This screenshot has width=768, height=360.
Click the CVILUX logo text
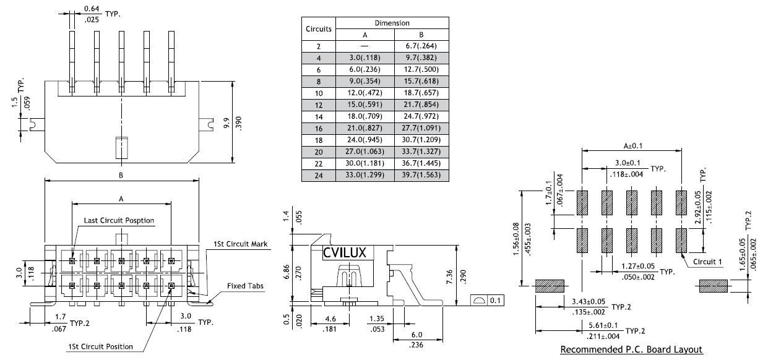(x=345, y=252)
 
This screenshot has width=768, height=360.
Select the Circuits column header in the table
(x=319, y=28)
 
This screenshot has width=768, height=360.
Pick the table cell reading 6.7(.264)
(x=421, y=46)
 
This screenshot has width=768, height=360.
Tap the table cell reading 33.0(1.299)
(x=365, y=176)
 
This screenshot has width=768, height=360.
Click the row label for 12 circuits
(x=319, y=105)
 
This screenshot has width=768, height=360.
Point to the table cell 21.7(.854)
(x=421, y=105)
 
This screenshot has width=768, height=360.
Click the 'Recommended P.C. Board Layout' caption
(x=631, y=350)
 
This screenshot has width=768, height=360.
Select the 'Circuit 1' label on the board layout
(x=706, y=262)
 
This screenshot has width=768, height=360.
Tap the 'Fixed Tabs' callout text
(x=245, y=286)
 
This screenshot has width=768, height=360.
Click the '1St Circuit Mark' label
(x=241, y=244)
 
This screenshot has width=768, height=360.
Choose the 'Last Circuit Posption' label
(x=119, y=221)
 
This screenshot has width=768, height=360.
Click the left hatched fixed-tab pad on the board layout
(x=550, y=286)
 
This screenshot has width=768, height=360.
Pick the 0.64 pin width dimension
(x=92, y=7)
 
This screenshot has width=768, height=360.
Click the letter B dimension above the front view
(x=121, y=176)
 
